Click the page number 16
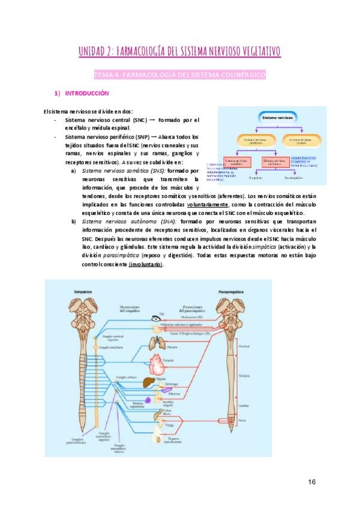point(311,482)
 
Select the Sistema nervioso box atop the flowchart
point(277,119)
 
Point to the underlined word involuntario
point(144,265)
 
